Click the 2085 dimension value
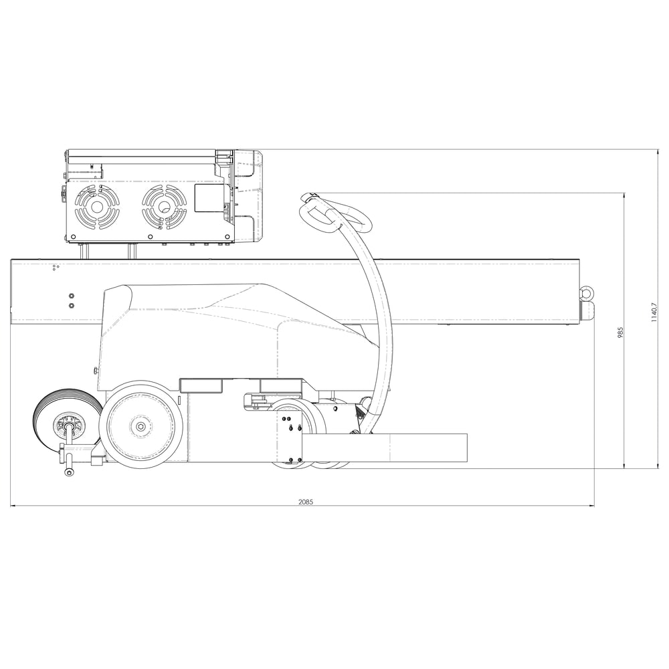pyautogui.click(x=305, y=501)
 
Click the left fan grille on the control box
pyautogui.click(x=97, y=207)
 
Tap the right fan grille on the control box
pyautogui.click(x=163, y=207)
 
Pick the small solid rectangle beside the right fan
pyautogui.click(x=208, y=198)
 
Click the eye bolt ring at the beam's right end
pyautogui.click(x=586, y=292)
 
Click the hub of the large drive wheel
pyautogui.click(x=140, y=426)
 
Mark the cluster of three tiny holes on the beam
pyautogui.click(x=56, y=268)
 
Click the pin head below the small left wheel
pyautogui.click(x=70, y=473)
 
